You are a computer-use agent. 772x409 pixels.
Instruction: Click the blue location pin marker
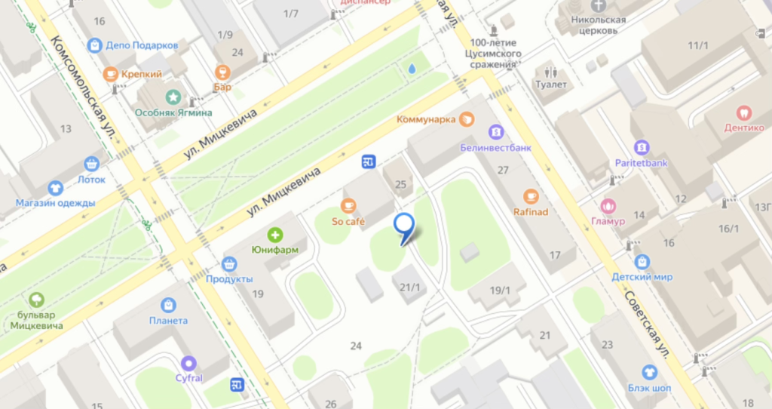click(x=405, y=224)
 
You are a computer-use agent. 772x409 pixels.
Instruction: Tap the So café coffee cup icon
click(x=348, y=205)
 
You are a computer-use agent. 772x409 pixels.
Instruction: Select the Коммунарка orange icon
click(x=467, y=118)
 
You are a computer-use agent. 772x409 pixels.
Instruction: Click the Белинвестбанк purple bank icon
click(x=495, y=132)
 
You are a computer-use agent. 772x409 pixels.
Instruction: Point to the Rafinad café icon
click(x=531, y=196)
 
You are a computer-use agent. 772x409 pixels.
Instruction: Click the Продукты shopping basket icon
click(x=230, y=264)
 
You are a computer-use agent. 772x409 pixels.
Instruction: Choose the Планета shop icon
click(x=168, y=305)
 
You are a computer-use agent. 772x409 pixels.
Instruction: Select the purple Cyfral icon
click(x=188, y=363)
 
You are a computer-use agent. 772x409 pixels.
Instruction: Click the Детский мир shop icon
click(x=642, y=261)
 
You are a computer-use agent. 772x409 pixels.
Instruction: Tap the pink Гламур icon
click(x=608, y=205)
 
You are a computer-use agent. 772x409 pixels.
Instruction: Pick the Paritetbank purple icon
click(x=642, y=147)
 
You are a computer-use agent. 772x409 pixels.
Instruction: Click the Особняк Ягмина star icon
click(x=173, y=97)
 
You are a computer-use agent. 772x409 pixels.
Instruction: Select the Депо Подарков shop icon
click(x=94, y=45)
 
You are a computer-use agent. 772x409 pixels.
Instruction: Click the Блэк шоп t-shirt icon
click(x=649, y=372)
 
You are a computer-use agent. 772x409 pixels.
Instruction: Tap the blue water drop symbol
click(x=412, y=69)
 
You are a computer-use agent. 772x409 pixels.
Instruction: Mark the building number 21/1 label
click(x=409, y=287)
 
